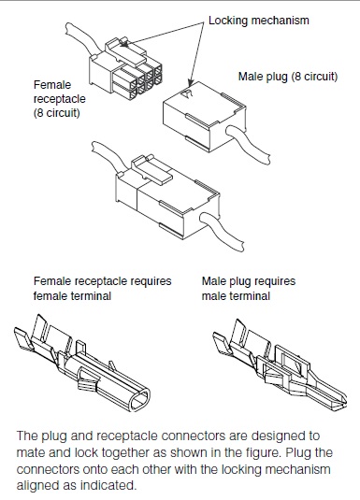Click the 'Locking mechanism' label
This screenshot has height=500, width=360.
[x=259, y=21]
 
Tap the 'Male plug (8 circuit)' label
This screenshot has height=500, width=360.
[x=288, y=77]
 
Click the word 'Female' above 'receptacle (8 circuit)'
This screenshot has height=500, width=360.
[x=52, y=85]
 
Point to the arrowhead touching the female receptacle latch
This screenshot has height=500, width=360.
[x=124, y=44]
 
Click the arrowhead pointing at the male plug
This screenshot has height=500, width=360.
[x=190, y=83]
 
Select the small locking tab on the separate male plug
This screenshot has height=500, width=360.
[x=187, y=93]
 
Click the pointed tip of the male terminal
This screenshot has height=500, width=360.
[x=345, y=405]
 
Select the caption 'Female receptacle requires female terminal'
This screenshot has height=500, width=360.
[x=103, y=289]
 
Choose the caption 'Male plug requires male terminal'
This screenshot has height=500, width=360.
[x=249, y=289]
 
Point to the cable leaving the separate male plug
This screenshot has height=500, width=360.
[x=249, y=144]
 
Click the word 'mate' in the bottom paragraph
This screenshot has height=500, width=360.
[x=29, y=452]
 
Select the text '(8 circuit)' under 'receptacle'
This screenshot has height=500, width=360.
[x=56, y=113]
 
